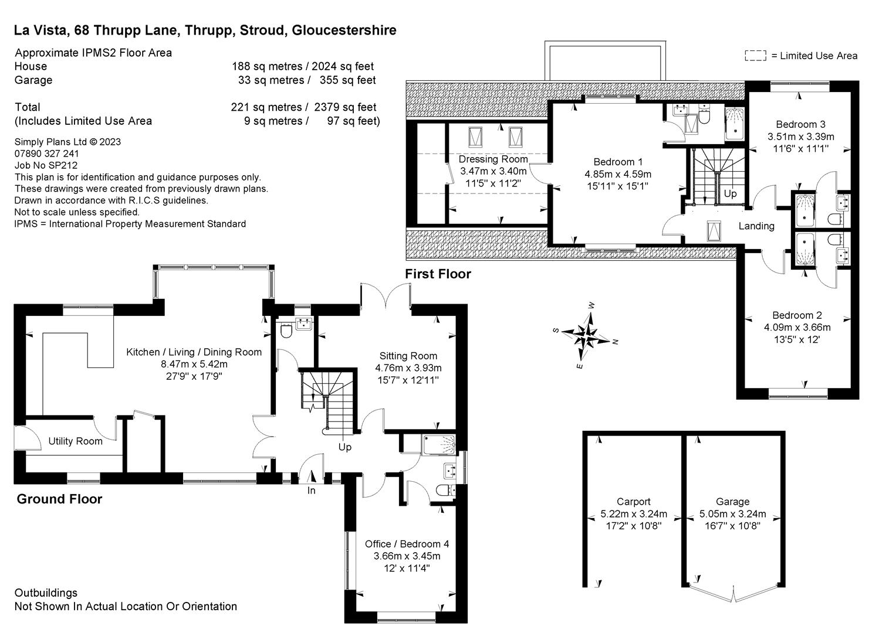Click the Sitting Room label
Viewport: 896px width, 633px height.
[x=408, y=356]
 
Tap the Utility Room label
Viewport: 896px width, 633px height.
[x=75, y=441]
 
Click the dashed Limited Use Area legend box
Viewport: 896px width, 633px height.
[x=756, y=56]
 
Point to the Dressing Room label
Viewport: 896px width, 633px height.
[x=493, y=159]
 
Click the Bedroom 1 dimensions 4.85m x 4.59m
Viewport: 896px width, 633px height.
[x=618, y=174]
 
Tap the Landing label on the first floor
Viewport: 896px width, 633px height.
[x=756, y=226]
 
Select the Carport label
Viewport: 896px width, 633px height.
[x=633, y=502]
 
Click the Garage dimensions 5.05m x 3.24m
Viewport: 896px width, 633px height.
[x=732, y=514]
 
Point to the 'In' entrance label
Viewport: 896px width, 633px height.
[x=311, y=491]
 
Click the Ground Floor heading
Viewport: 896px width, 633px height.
[x=59, y=499]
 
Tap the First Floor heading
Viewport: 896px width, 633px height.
[x=438, y=274]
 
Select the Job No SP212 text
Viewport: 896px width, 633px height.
[x=46, y=165]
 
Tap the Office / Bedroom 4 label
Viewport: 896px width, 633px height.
[x=407, y=544]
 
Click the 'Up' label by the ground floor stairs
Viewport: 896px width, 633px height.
[x=344, y=447]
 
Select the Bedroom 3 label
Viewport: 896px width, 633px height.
[x=800, y=124]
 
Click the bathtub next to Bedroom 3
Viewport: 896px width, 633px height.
[x=734, y=124]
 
